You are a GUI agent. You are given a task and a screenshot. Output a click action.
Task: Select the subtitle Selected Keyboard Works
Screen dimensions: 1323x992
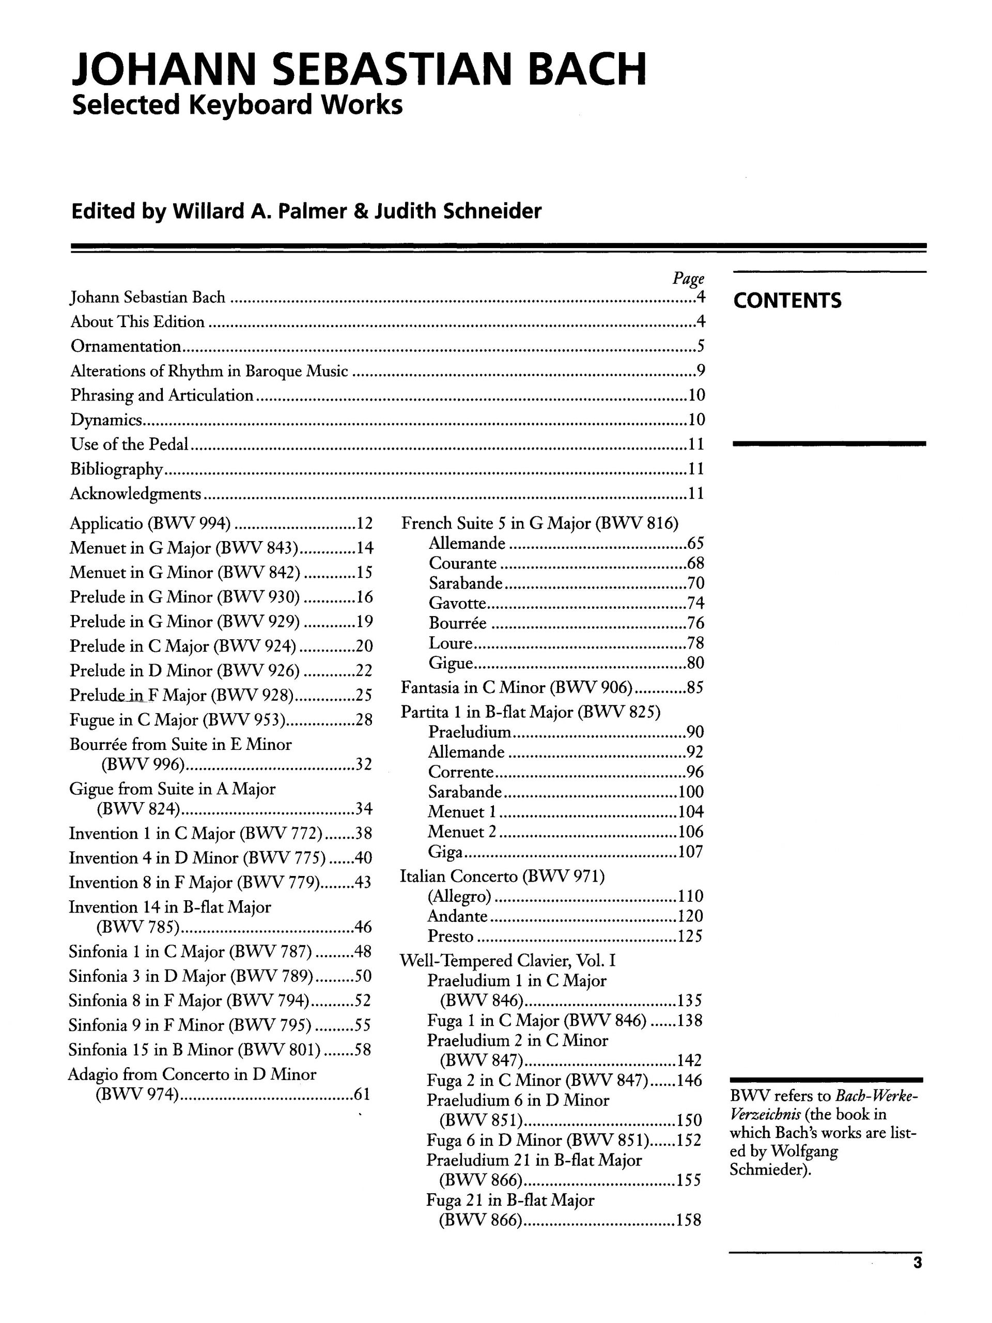237,105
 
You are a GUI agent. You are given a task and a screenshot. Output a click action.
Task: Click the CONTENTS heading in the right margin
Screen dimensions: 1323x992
787,300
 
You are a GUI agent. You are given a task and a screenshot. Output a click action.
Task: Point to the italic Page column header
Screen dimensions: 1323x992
688,279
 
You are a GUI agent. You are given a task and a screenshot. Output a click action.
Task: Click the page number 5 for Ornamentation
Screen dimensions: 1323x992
701,346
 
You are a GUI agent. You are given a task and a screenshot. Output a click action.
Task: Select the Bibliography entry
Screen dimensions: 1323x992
116,469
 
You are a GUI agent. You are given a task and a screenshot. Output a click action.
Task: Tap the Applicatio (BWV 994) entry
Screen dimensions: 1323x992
150,524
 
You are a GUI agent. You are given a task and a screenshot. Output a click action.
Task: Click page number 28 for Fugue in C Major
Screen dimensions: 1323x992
364,719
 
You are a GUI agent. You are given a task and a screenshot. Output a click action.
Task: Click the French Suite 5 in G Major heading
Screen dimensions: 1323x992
540,524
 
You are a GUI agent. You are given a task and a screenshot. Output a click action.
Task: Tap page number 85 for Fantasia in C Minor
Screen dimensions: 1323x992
695,687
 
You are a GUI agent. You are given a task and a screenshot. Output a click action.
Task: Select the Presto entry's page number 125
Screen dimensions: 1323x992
690,936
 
